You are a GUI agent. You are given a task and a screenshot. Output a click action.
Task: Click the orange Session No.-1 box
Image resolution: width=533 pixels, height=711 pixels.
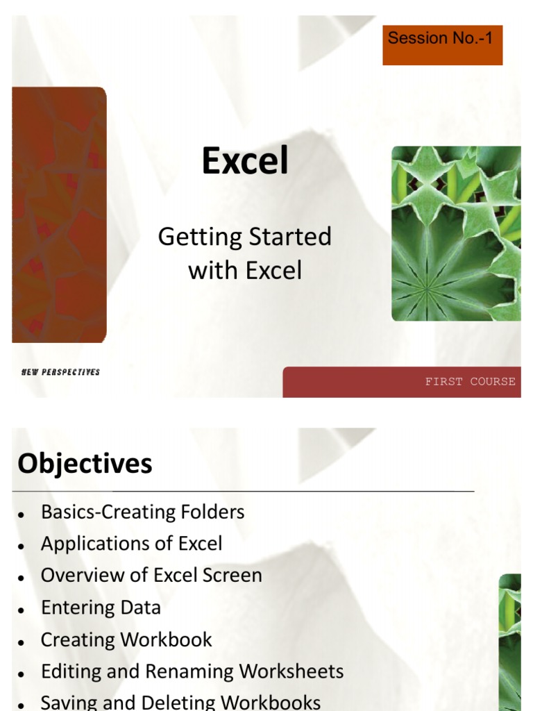click(442, 45)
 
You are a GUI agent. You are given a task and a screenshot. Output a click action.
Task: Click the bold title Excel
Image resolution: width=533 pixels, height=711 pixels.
click(245, 162)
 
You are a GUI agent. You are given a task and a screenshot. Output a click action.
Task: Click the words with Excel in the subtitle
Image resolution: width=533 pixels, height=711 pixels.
click(245, 270)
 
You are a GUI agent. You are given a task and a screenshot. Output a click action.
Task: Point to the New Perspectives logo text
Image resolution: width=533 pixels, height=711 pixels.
click(60, 372)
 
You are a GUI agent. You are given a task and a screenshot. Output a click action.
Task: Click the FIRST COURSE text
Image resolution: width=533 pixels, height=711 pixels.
click(470, 381)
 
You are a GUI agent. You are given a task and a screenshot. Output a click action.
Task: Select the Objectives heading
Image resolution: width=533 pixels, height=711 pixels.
click(85, 464)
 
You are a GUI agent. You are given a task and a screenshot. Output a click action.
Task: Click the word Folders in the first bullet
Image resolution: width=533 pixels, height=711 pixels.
click(210, 512)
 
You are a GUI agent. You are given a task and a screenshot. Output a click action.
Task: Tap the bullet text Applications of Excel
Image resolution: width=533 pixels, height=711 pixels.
click(132, 544)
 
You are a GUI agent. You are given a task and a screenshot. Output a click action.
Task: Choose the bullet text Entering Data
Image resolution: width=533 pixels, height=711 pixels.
click(101, 608)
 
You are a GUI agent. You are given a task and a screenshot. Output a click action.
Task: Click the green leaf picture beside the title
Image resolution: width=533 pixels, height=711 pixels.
click(456, 233)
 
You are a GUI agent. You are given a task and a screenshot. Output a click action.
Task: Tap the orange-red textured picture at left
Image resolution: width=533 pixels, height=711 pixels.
click(59, 215)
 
